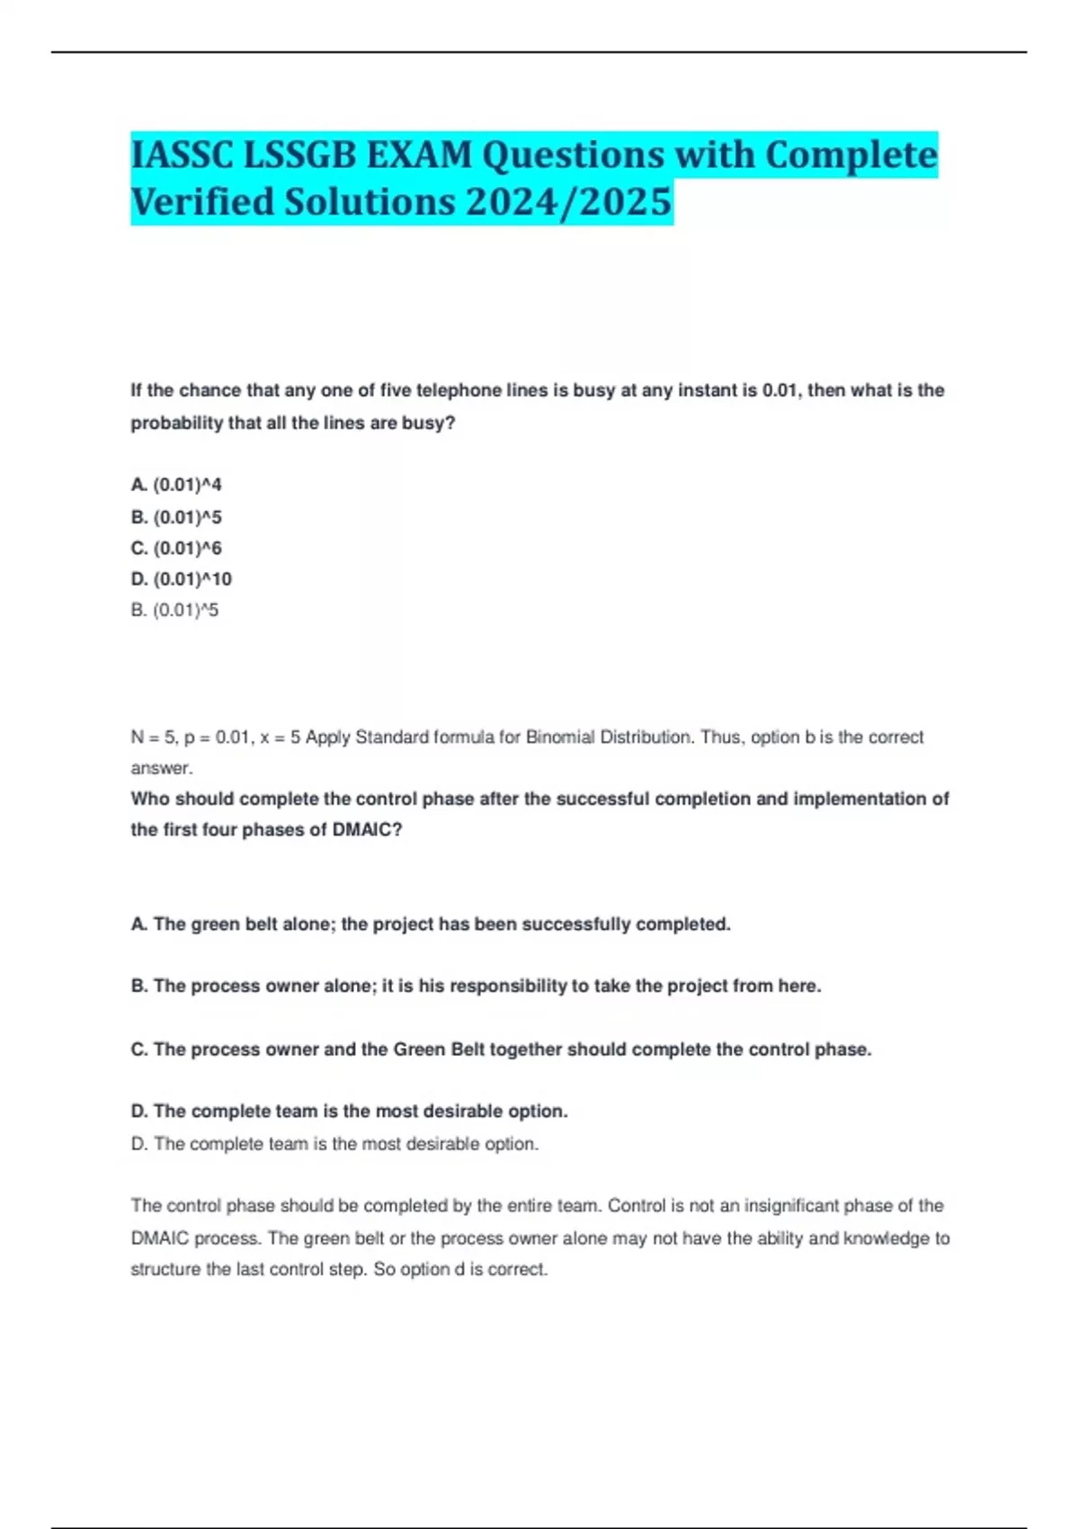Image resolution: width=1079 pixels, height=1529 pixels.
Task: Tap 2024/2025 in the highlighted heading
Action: tap(568, 201)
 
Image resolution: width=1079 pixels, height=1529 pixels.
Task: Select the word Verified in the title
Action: tap(201, 201)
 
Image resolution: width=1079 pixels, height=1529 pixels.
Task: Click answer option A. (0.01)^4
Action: tap(176, 485)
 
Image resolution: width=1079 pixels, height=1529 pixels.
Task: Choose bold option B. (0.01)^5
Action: tap(176, 517)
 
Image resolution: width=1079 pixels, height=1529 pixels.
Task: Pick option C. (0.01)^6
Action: tap(176, 548)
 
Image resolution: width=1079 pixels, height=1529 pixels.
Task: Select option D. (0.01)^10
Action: tap(181, 579)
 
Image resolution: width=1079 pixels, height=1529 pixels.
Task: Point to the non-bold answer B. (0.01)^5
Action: tap(174, 610)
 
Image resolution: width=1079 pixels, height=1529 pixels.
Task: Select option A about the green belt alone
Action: tap(431, 925)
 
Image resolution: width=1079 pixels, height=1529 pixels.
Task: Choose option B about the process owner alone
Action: tap(476, 987)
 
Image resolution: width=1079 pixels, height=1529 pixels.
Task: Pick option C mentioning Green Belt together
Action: tap(501, 1050)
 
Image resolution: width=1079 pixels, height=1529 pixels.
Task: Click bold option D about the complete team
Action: tap(349, 1112)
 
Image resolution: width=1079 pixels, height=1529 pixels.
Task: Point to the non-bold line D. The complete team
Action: tap(334, 1144)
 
